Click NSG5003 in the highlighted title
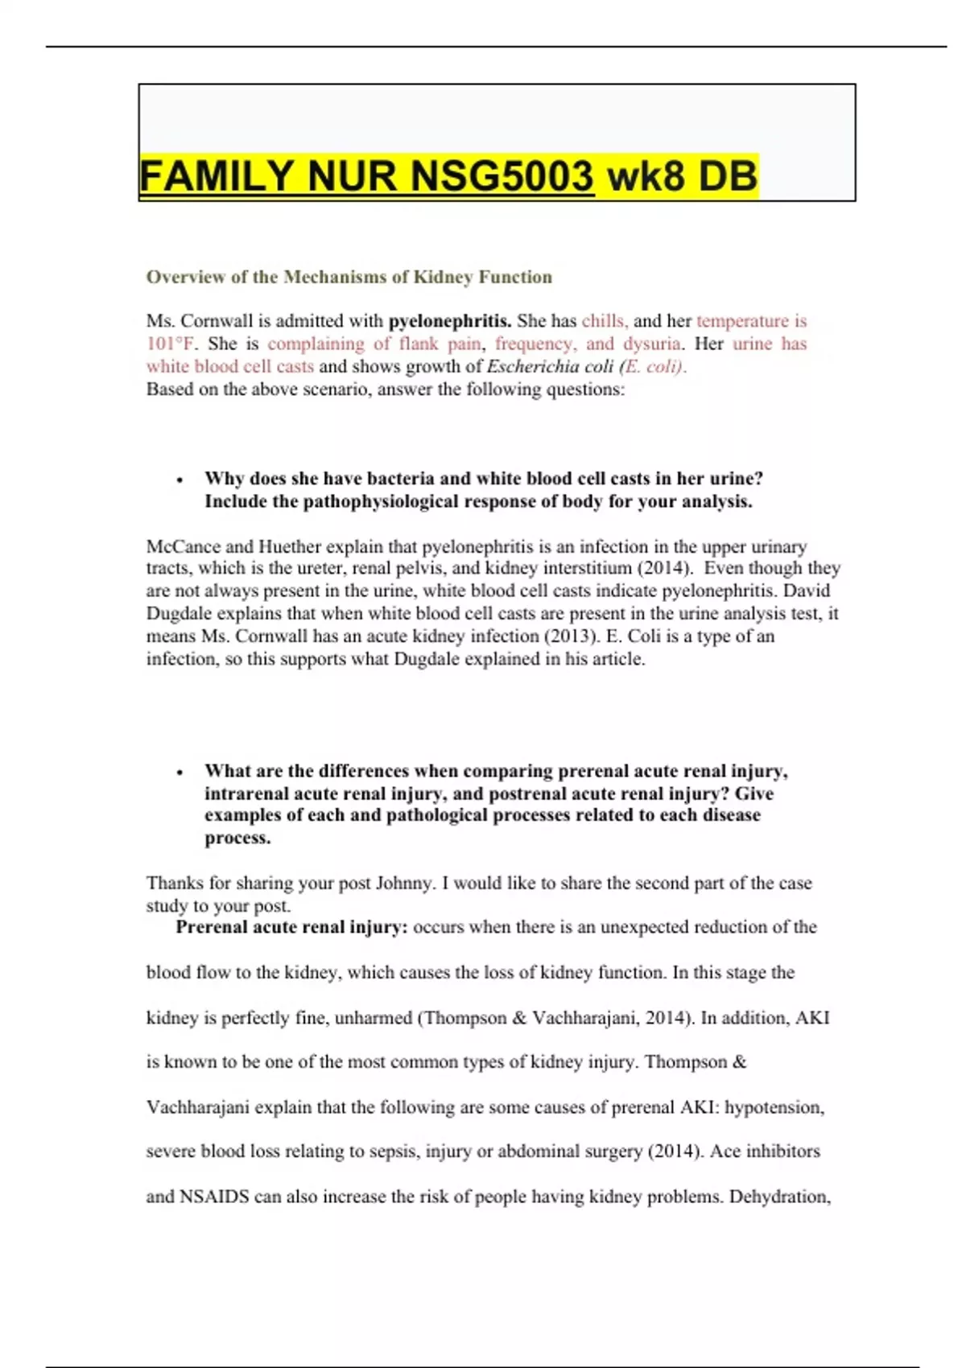click(502, 176)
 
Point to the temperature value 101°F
click(170, 344)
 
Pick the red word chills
click(604, 321)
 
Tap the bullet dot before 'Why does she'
click(180, 480)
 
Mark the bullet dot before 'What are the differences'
click(180, 773)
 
